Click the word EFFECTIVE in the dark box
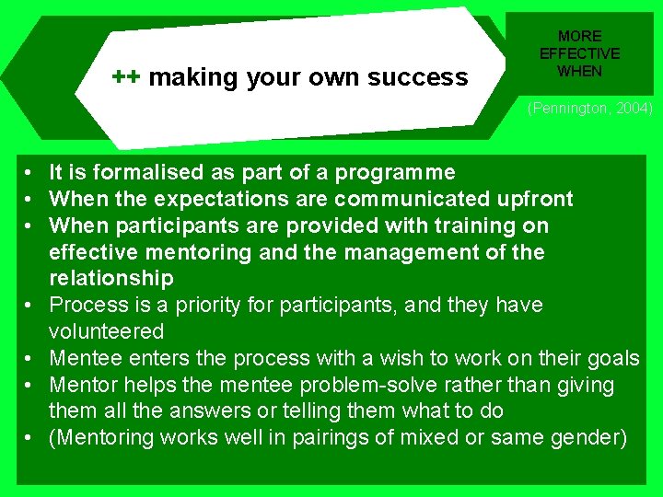coord(579,53)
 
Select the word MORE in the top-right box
coord(579,37)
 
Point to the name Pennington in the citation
coord(567,109)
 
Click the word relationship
coord(110,278)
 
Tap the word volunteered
coord(106,331)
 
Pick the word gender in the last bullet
coord(588,438)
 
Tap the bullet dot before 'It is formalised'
coord(30,173)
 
